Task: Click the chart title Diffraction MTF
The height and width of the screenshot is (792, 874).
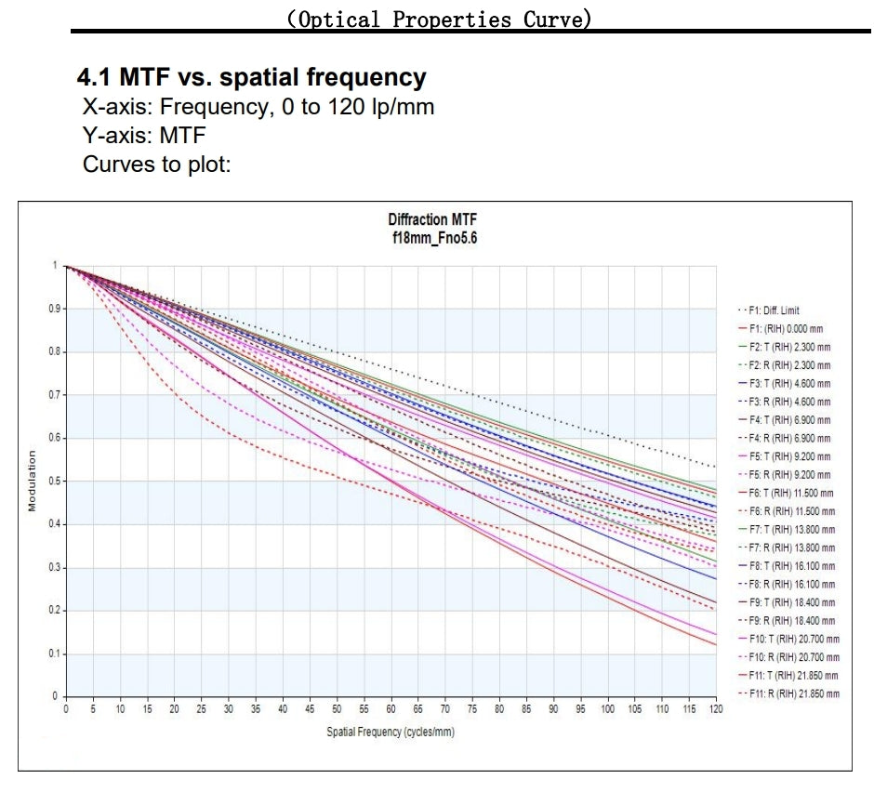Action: pos(432,219)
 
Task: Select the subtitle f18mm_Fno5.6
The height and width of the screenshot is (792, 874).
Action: pos(432,237)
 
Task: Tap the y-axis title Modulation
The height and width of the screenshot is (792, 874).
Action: pos(32,481)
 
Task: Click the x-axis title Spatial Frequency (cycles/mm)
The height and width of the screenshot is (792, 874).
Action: pos(391,732)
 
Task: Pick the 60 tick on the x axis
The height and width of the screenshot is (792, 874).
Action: pos(391,709)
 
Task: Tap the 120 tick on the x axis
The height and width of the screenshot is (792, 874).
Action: pos(716,709)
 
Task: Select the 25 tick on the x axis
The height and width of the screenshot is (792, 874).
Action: pos(201,709)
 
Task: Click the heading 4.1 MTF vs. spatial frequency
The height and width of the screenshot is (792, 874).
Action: pos(254,78)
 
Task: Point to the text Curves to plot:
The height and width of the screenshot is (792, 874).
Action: pos(156,165)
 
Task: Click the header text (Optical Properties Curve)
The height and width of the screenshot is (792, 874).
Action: pos(439,18)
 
